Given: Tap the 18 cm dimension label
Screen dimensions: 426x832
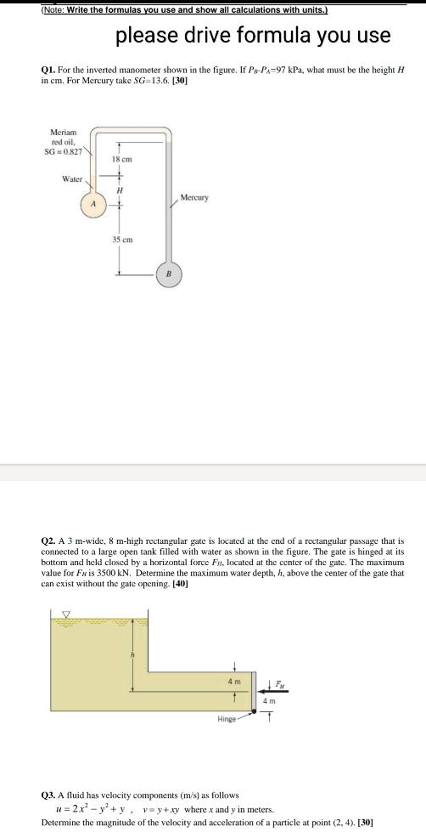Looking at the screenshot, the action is (x=120, y=160).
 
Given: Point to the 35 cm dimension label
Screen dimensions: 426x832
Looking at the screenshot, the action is (x=120, y=240).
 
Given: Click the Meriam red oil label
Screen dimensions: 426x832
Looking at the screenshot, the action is (x=64, y=141).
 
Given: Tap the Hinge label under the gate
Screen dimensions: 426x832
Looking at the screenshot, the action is (x=225, y=718).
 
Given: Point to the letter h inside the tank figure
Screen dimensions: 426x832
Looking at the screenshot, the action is (x=132, y=655).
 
